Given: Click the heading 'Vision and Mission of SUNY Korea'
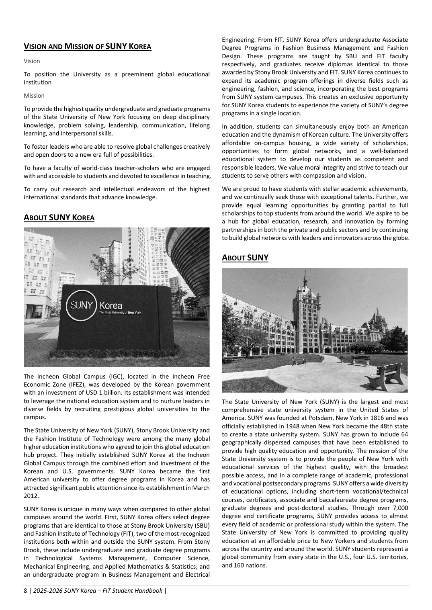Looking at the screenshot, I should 87,46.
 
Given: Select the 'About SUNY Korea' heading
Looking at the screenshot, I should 59,218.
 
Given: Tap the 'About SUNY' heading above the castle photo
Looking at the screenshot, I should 245,258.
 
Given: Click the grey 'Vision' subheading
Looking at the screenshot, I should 32,61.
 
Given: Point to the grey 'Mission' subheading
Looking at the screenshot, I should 34,96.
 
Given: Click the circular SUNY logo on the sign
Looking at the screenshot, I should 82,305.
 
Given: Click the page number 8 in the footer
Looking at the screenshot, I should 25,590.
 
